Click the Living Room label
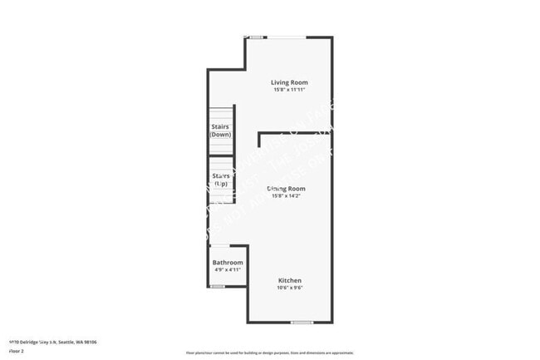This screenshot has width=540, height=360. pos(290,82)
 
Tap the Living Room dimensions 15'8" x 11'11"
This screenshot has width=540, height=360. pos(290,90)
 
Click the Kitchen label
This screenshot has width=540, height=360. pos(290,281)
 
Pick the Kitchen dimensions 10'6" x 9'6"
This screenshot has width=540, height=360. pos(290,288)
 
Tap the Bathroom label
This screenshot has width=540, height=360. pos(228,263)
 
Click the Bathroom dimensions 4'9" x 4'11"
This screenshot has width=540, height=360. pos(228,270)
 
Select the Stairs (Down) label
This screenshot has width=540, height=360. pos(221,131)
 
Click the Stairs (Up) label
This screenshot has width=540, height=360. pos(221,179)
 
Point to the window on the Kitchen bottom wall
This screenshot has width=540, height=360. pos(302,323)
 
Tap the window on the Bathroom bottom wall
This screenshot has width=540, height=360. pos(218,287)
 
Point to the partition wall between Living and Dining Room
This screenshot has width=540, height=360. pos(295,133)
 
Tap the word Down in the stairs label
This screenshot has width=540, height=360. pos(221,135)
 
